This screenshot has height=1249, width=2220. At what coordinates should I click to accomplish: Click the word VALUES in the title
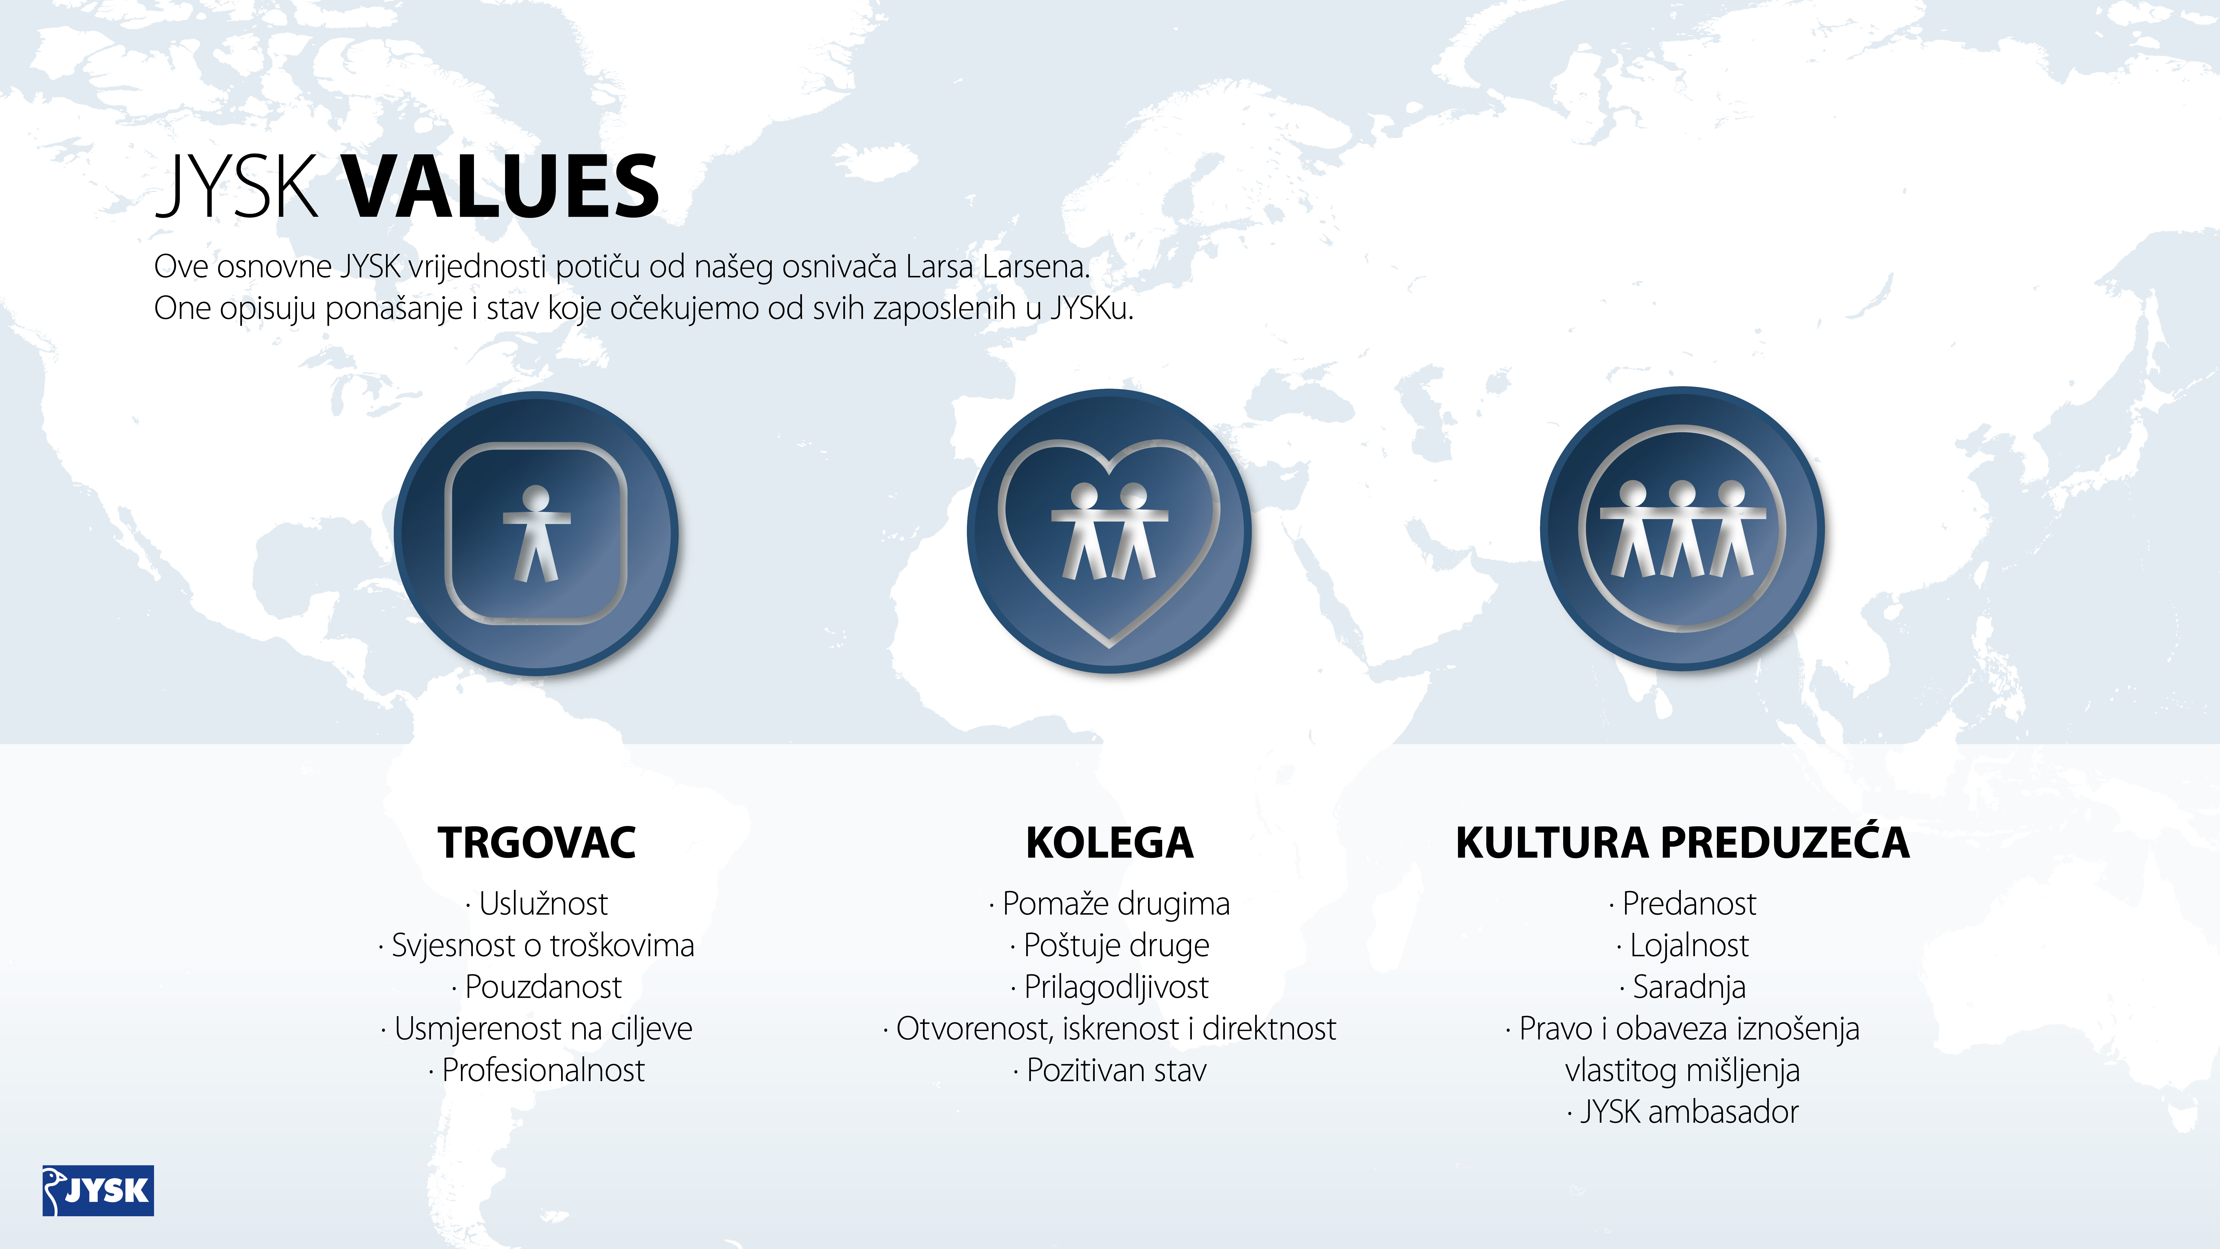501,186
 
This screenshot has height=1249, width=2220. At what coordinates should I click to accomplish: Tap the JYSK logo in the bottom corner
98,1190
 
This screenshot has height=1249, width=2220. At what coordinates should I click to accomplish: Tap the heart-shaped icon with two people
1109,531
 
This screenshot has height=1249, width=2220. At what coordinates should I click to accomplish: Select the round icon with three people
1682,528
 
